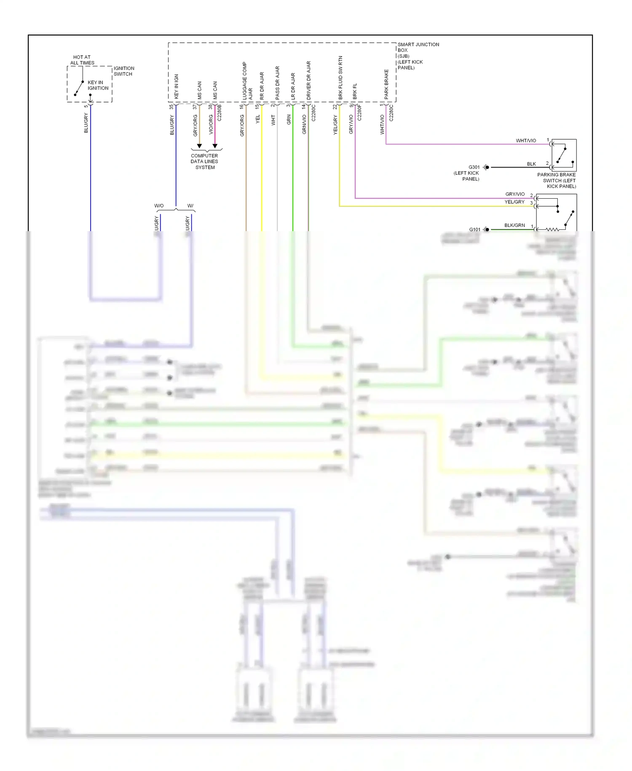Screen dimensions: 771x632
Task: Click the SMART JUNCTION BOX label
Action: (x=418, y=56)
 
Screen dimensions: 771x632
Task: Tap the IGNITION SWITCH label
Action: (x=123, y=71)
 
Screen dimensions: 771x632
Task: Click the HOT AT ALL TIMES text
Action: (x=82, y=60)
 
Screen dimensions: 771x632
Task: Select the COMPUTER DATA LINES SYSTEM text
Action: (x=204, y=162)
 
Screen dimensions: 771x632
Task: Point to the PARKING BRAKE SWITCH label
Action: (x=556, y=181)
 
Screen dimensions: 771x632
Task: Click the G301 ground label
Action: (x=474, y=167)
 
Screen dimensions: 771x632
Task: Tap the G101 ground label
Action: (x=474, y=229)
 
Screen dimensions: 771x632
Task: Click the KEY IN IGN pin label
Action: (x=177, y=86)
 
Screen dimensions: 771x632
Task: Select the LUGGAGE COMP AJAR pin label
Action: (x=247, y=81)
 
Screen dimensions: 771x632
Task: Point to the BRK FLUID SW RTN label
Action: (x=340, y=78)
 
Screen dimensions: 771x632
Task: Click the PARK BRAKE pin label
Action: (x=386, y=84)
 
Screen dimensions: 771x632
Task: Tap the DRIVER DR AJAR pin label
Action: (x=309, y=80)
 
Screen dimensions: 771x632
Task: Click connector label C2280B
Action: (x=220, y=113)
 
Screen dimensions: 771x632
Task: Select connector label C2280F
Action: (x=359, y=113)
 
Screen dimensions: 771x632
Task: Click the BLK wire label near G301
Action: (x=531, y=164)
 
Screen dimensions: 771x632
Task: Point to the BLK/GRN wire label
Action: (x=514, y=225)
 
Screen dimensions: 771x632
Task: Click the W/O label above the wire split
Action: (x=159, y=206)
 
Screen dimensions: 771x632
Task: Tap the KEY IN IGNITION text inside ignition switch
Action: (x=98, y=85)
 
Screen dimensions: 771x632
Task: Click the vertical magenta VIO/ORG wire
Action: (x=215, y=127)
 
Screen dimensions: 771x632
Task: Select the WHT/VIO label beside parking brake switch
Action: (x=526, y=140)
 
